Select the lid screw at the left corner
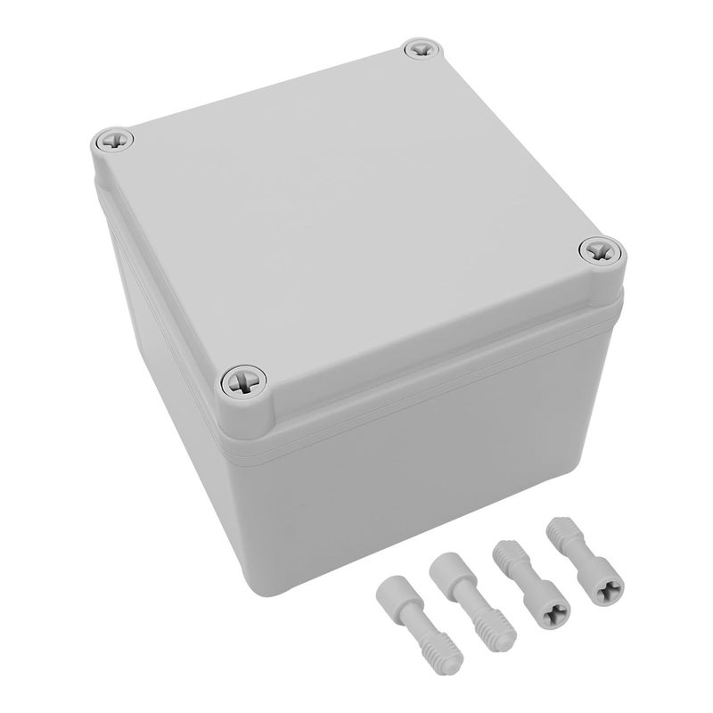click(x=114, y=139)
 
